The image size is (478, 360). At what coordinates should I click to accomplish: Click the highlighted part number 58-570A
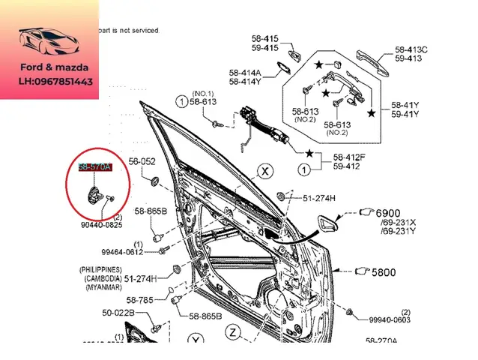(95, 166)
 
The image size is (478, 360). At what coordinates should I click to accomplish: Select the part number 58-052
(142, 161)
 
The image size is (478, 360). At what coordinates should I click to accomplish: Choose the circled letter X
(264, 172)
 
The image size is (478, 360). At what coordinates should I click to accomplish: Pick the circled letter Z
(233, 331)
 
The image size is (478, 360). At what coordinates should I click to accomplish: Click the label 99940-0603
(390, 320)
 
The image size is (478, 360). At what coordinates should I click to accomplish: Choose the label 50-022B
(118, 312)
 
